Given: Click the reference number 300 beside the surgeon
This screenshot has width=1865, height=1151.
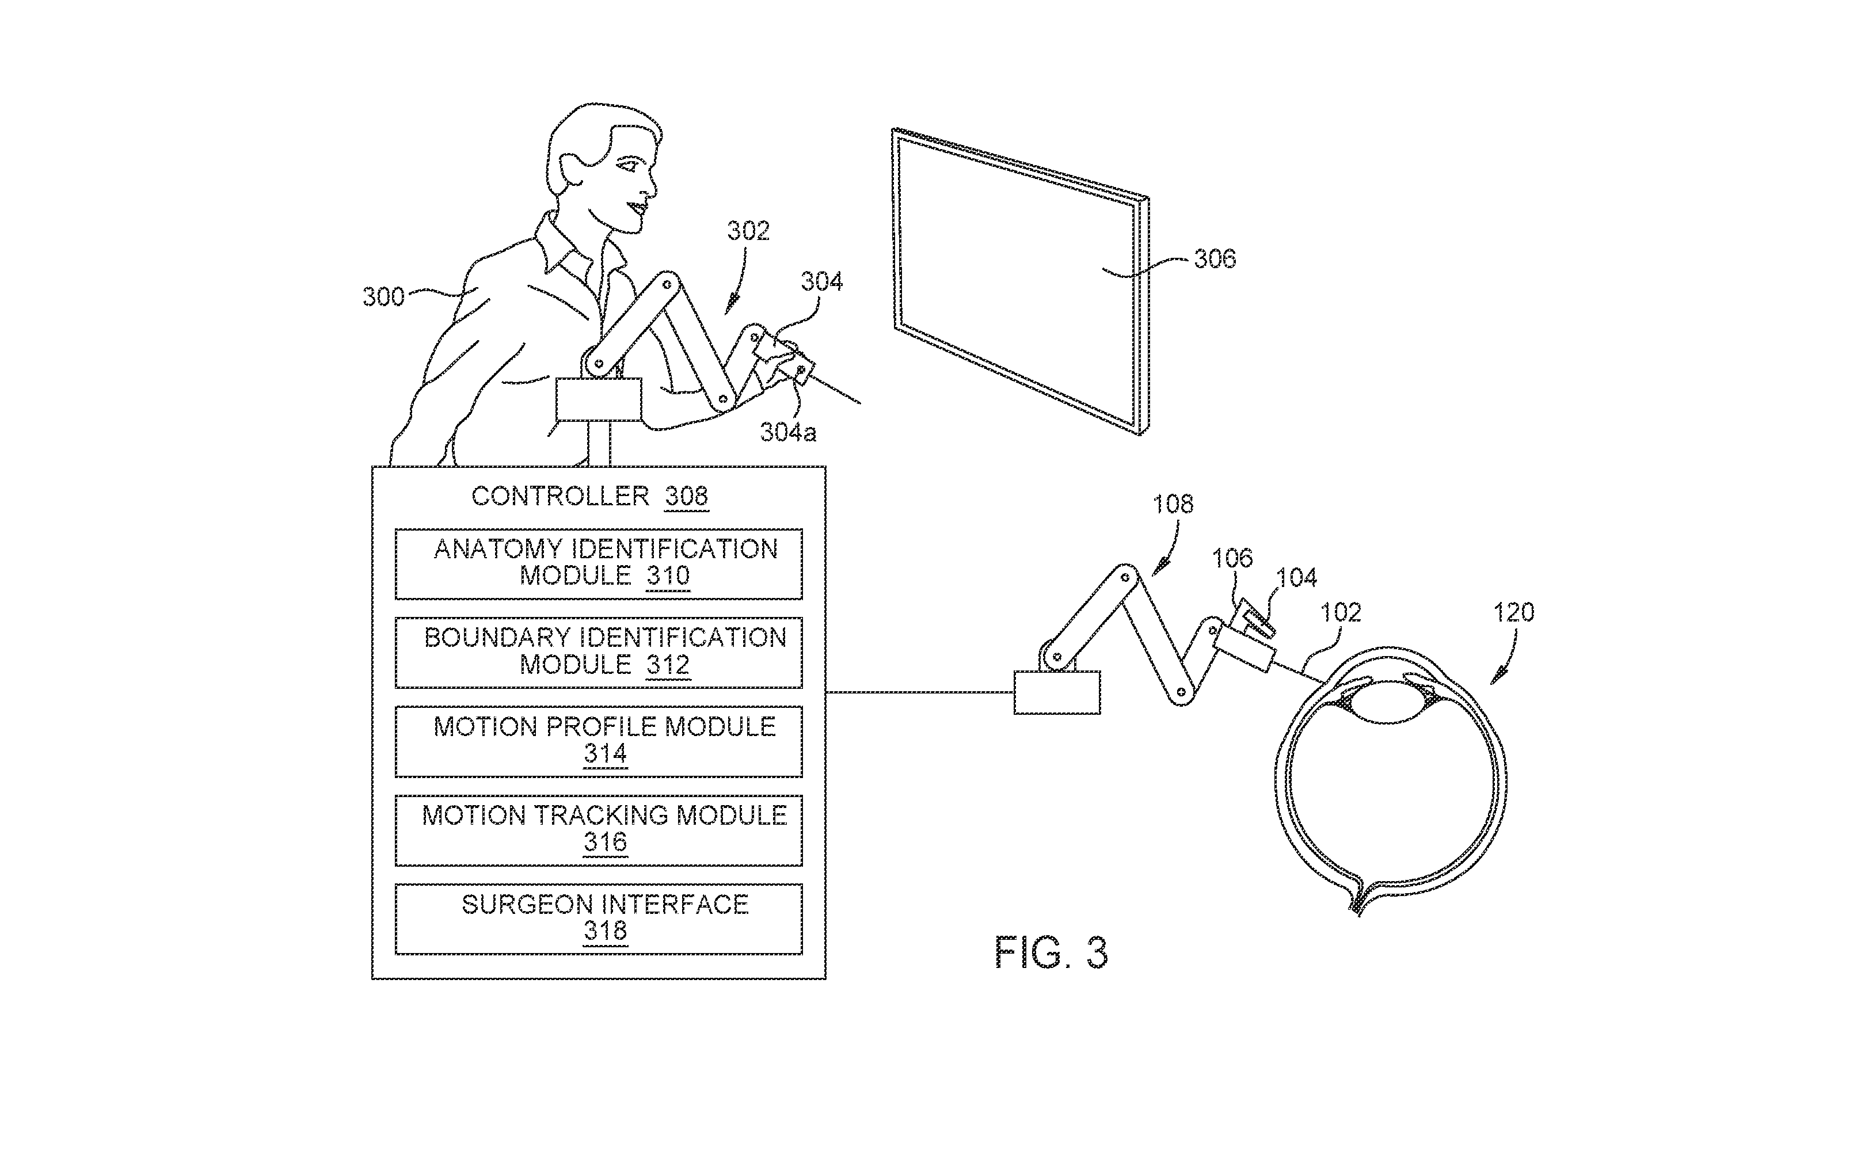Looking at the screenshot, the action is tap(383, 296).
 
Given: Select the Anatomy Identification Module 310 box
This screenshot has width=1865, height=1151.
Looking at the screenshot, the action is tap(598, 564).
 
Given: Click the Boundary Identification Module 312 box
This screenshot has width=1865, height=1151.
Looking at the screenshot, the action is tap(598, 653).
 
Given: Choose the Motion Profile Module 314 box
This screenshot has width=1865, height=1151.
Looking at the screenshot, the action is tap(598, 741).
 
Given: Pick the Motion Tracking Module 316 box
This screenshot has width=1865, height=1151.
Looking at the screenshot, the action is tap(598, 830).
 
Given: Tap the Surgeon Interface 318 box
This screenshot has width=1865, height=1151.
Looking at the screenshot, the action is tap(598, 919).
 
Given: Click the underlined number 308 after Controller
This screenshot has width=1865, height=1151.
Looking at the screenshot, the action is tap(686, 496).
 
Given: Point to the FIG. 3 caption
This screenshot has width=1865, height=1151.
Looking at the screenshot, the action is tap(1051, 952).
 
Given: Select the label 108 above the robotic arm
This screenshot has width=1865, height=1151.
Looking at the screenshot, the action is tap(1173, 504).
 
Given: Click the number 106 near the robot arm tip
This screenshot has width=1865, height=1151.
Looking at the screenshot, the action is tap(1232, 559).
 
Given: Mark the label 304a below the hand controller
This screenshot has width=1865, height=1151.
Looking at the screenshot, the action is tap(788, 432).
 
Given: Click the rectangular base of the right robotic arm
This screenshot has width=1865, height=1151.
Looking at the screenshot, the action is tap(1057, 692).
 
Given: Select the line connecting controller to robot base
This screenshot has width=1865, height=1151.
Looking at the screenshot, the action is tap(920, 692).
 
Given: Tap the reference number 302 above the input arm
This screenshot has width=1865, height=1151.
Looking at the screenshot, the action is tap(748, 231).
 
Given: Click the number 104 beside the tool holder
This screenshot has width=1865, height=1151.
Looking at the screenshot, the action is tap(1296, 578).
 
